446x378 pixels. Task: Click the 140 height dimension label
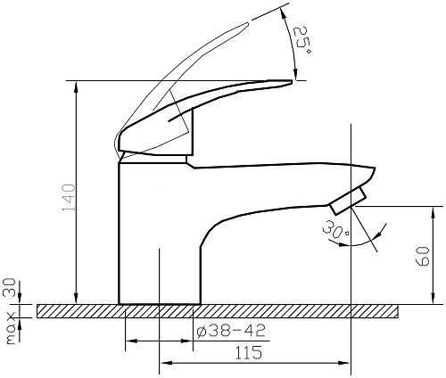point(69,198)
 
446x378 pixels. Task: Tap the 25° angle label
point(302,41)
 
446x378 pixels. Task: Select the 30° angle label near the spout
point(335,229)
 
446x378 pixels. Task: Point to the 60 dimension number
point(423,256)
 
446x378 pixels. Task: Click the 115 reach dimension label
point(249,353)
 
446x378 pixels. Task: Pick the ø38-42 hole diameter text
point(231,331)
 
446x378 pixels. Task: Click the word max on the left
point(11,328)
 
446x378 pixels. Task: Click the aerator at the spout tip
point(348,201)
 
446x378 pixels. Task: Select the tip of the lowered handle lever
point(292,81)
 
